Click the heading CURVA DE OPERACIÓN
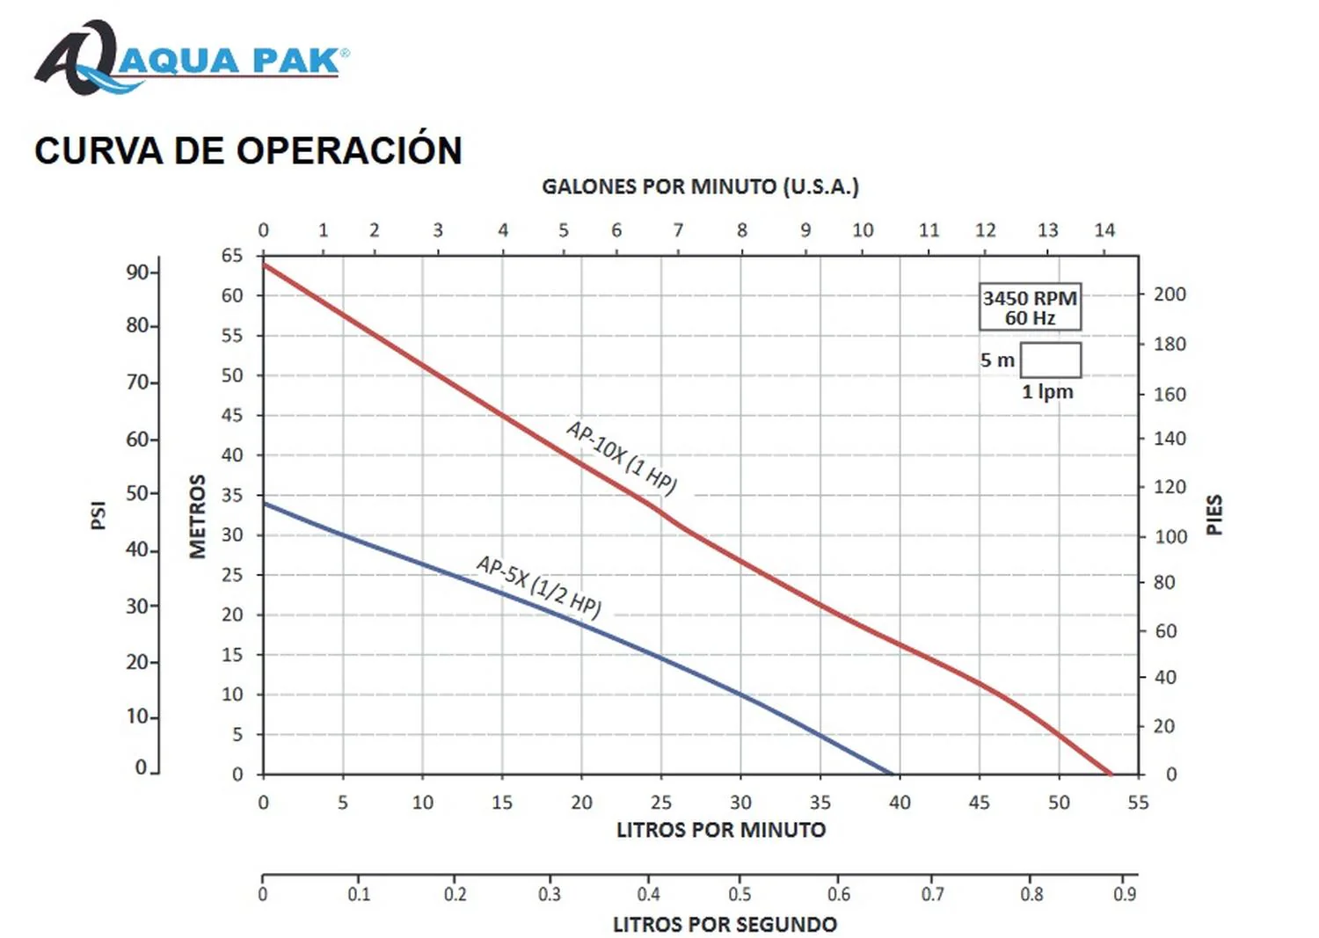click(x=248, y=150)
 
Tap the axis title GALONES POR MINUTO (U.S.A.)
click(x=700, y=186)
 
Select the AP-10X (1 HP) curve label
click(x=622, y=457)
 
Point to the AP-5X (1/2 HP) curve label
click(x=539, y=586)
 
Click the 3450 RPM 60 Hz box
click(x=1030, y=308)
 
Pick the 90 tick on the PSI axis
click(x=138, y=272)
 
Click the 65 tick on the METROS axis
click(x=232, y=256)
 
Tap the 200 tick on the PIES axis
click(x=1170, y=294)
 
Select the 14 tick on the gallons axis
click(x=1104, y=230)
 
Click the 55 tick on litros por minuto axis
click(x=1138, y=803)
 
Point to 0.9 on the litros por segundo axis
click(x=1125, y=894)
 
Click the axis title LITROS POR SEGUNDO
click(x=725, y=924)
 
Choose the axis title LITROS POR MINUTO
click(x=721, y=830)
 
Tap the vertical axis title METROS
click(x=198, y=516)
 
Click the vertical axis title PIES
click(x=1214, y=515)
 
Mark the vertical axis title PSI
click(x=98, y=515)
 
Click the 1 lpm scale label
click(x=1047, y=392)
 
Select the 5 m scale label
click(x=997, y=360)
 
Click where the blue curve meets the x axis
click(x=893, y=774)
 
